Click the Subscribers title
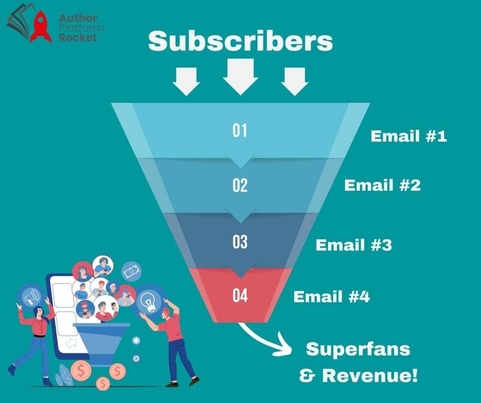click(x=240, y=41)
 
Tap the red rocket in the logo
click(x=41, y=27)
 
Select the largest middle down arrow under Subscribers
click(x=240, y=77)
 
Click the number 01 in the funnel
click(x=239, y=130)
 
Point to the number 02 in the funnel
click(x=239, y=186)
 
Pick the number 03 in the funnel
click(x=239, y=242)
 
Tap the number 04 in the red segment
click(x=239, y=296)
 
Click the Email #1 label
click(x=409, y=136)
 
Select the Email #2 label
click(x=382, y=185)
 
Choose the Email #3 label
click(x=354, y=245)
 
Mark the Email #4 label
click(x=332, y=297)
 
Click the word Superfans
click(x=358, y=349)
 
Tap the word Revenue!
click(x=370, y=375)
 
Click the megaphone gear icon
click(x=31, y=296)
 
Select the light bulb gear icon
click(x=149, y=300)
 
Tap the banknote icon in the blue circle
click(x=132, y=272)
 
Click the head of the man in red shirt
click(x=166, y=313)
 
